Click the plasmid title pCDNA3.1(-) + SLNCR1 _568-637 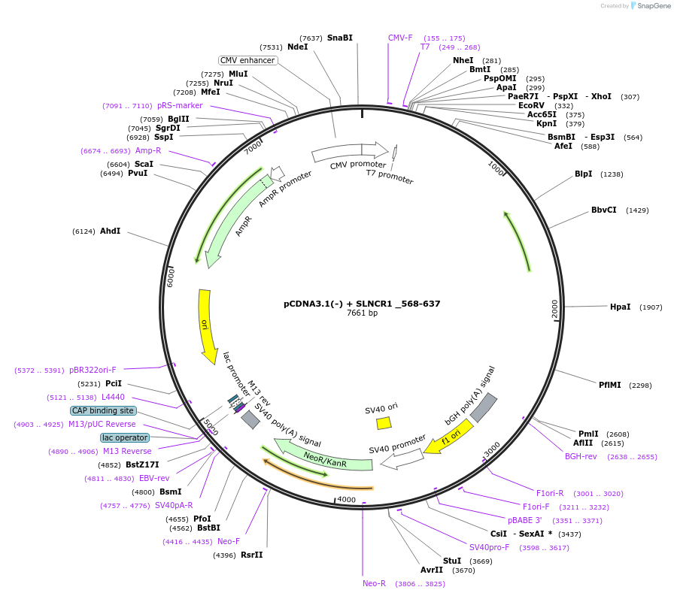tap(362, 304)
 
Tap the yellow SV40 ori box tap(384, 423)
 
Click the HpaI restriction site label tap(620, 307)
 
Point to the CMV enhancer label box tap(247, 60)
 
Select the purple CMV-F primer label tap(400, 38)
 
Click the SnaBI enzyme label tap(339, 38)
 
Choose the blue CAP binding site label tap(103, 410)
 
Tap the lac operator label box tap(125, 437)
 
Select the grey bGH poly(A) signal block tap(483, 407)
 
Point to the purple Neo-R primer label tap(374, 583)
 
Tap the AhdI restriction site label tap(110, 231)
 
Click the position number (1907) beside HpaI tap(651, 307)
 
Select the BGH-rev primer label tap(581, 456)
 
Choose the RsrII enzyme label tap(252, 555)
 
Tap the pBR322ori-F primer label tap(93, 370)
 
